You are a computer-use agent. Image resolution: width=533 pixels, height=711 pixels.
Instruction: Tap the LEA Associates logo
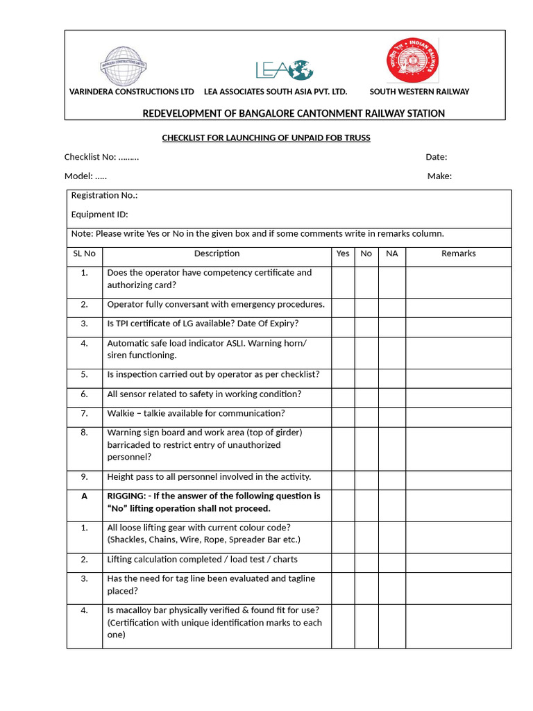click(x=285, y=69)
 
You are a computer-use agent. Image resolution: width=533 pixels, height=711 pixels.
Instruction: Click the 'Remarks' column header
click(x=458, y=253)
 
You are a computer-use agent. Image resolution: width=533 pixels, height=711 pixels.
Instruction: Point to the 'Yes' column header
click(x=343, y=253)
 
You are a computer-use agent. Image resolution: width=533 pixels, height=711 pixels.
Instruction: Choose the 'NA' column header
click(x=392, y=253)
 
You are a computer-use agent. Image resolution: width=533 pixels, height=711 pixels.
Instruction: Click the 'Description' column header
click(x=217, y=253)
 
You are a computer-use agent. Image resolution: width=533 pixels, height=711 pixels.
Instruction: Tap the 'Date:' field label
click(x=436, y=157)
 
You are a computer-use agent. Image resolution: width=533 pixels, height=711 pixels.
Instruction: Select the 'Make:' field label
click(x=439, y=176)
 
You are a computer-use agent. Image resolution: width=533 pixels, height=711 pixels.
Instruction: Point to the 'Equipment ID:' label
click(x=99, y=215)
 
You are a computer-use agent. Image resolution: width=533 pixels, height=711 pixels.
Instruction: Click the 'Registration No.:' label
click(x=104, y=196)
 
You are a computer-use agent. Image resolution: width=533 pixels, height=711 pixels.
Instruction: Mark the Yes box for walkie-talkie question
click(x=343, y=414)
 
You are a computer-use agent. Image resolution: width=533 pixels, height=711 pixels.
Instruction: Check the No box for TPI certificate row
click(x=366, y=324)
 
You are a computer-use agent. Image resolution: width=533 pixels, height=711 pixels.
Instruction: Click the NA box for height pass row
click(x=392, y=477)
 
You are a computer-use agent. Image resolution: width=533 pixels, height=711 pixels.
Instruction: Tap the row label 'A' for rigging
click(x=85, y=496)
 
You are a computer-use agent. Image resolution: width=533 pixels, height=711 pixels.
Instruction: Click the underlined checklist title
click(x=266, y=138)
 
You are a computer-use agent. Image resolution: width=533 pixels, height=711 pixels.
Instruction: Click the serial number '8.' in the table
click(x=85, y=433)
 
